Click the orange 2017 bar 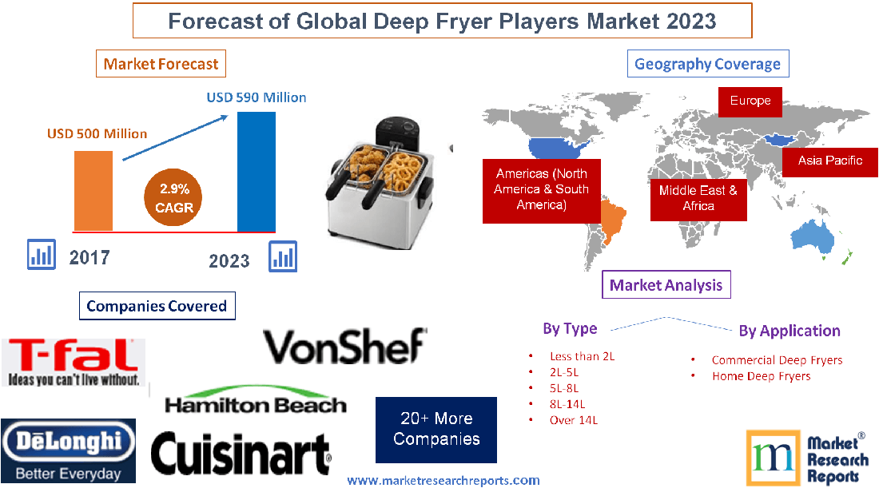[x=93, y=190]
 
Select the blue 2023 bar [x=257, y=171]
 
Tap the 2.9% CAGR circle [x=174, y=198]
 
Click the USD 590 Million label [x=257, y=97]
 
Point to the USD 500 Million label [x=97, y=133]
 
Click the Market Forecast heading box [x=161, y=64]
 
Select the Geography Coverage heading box [x=707, y=64]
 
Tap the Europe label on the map [x=750, y=101]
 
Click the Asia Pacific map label [x=830, y=161]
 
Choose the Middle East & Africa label [x=698, y=198]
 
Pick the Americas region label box [x=541, y=189]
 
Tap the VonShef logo [x=344, y=346]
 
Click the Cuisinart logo [x=241, y=454]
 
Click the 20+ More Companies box [x=436, y=430]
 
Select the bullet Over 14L [x=573, y=419]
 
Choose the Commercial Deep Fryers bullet [x=777, y=359]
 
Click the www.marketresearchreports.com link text [x=443, y=481]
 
